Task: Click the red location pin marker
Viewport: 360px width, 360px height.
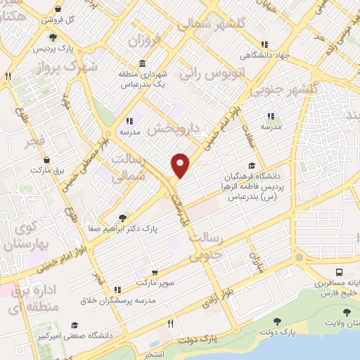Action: point(181,165)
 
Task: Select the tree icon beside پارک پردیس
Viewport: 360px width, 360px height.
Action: point(52,39)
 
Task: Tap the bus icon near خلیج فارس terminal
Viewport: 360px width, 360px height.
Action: point(339,272)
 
